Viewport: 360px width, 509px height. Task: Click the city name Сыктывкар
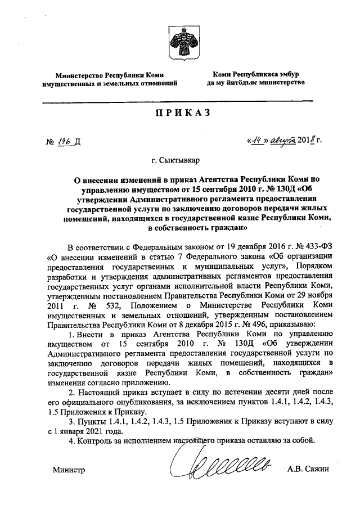[179, 161]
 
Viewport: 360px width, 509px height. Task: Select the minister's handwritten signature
[222, 466]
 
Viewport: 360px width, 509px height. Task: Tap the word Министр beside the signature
[67, 469]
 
